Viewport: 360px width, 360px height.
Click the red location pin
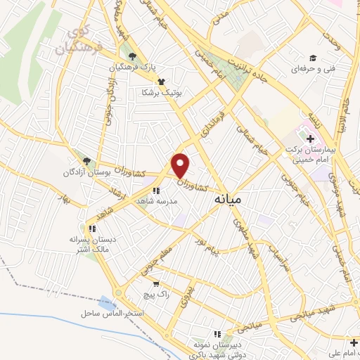pyautogui.click(x=181, y=165)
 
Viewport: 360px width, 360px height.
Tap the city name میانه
pyautogui.click(x=231, y=200)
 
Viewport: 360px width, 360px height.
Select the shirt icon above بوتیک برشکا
pyautogui.click(x=161, y=82)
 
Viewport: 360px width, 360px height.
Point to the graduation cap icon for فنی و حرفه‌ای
pyautogui.click(x=312, y=58)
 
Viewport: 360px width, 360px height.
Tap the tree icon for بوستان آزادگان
pyautogui.click(x=86, y=160)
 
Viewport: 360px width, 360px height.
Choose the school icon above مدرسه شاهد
pyautogui.click(x=155, y=189)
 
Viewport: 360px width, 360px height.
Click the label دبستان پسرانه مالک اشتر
pyautogui.click(x=91, y=243)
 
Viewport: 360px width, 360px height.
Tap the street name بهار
pyautogui.click(x=67, y=200)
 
